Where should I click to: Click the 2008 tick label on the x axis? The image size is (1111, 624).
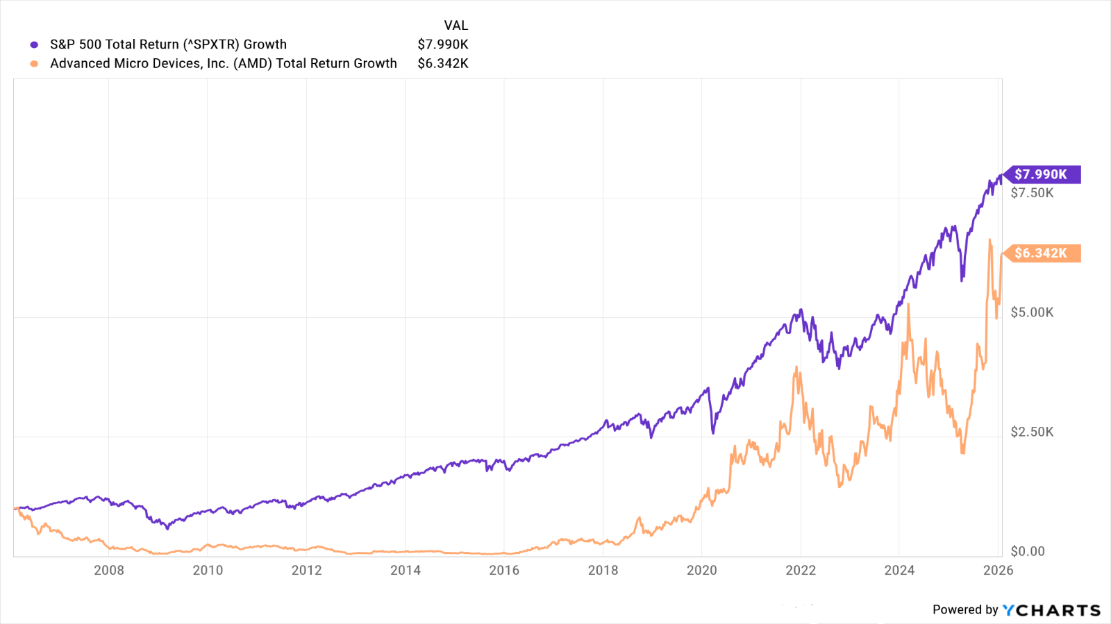(109, 571)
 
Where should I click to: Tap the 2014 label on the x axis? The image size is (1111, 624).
(406, 571)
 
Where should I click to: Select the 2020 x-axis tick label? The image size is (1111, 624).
(701, 571)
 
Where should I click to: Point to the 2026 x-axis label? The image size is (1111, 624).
(998, 571)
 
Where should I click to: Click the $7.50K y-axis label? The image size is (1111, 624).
(1032, 193)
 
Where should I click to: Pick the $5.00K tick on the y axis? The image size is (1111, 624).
(1032, 312)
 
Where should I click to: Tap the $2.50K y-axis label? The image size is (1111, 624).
(1032, 432)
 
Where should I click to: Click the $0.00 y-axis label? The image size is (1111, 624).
(1028, 551)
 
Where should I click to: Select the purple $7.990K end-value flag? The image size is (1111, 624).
(1042, 174)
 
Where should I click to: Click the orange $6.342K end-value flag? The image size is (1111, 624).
(1042, 253)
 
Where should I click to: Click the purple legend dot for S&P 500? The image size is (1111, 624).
(34, 44)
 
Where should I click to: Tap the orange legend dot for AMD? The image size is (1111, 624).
(34, 64)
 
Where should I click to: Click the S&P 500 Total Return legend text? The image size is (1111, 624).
(168, 44)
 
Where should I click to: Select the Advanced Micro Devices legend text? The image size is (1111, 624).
(224, 63)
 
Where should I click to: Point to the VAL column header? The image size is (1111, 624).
(456, 26)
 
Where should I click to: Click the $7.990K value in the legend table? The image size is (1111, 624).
(443, 44)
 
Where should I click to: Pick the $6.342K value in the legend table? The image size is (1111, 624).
(443, 63)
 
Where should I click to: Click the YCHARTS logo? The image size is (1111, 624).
(1051, 610)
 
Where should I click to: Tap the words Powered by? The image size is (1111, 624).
(965, 610)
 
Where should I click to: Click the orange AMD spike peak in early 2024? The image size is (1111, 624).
(908, 305)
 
